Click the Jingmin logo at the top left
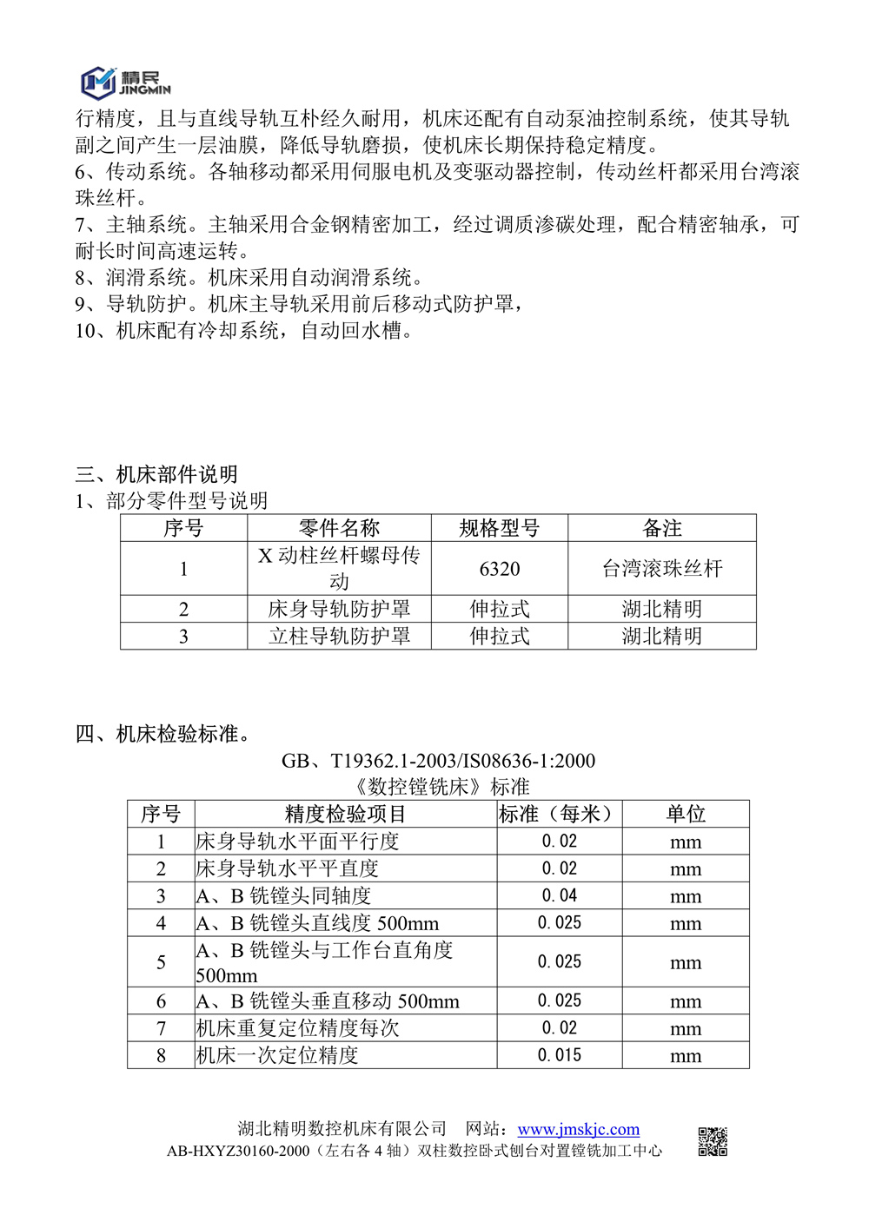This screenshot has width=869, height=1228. click(125, 82)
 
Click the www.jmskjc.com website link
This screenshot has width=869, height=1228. click(578, 1129)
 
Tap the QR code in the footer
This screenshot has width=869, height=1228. click(713, 1141)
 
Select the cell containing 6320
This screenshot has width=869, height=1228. click(500, 569)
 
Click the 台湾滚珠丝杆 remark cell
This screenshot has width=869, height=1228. click(662, 569)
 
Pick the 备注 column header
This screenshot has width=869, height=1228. click(662, 528)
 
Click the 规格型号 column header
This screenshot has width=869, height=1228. click(500, 528)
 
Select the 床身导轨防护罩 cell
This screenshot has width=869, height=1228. click(339, 609)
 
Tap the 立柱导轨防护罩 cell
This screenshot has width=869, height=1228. click(339, 636)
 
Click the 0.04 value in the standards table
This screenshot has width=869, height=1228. click(560, 895)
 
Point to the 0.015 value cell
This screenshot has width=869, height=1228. click(560, 1055)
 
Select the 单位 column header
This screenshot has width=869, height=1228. click(686, 814)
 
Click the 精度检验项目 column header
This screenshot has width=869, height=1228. click(345, 814)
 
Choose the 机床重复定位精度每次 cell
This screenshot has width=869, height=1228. click(297, 1028)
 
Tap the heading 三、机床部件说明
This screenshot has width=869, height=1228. click(156, 474)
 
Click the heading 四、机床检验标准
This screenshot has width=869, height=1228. click(163, 734)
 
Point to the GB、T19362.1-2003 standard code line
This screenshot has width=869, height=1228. click(438, 761)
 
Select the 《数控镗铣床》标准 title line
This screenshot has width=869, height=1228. click(441, 787)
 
